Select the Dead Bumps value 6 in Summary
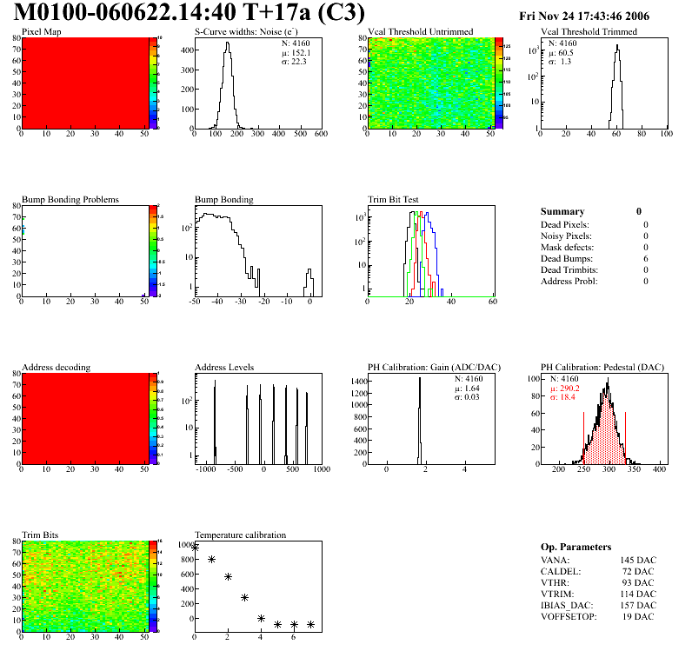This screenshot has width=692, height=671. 646,258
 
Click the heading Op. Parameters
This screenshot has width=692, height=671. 576,547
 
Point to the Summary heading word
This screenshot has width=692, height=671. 562,211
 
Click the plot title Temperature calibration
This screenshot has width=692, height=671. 240,535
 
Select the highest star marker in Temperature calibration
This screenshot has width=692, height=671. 195,547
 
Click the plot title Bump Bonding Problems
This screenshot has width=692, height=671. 70,199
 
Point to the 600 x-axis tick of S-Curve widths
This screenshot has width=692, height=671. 320,135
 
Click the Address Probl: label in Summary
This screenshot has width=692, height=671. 569,281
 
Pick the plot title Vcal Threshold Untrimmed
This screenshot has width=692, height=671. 421,31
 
